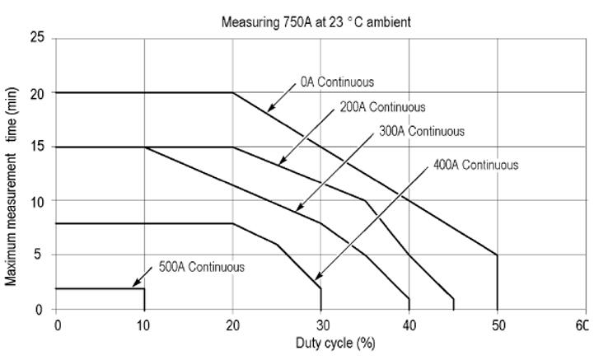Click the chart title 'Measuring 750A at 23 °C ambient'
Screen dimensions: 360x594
316,22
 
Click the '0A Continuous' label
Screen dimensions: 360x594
336,82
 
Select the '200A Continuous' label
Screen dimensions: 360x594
382,107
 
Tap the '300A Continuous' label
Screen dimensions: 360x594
421,131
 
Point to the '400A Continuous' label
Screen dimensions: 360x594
475,165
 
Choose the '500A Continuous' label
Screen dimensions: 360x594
201,267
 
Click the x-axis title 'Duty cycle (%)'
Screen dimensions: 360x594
335,343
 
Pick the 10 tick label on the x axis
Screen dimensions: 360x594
145,324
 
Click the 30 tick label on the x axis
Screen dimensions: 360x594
320,324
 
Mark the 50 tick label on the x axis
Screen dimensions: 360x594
497,324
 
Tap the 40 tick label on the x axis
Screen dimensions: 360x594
409,324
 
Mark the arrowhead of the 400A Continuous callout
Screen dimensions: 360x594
315,280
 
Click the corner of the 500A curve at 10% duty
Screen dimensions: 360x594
144,288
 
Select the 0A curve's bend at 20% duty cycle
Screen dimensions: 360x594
232,93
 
